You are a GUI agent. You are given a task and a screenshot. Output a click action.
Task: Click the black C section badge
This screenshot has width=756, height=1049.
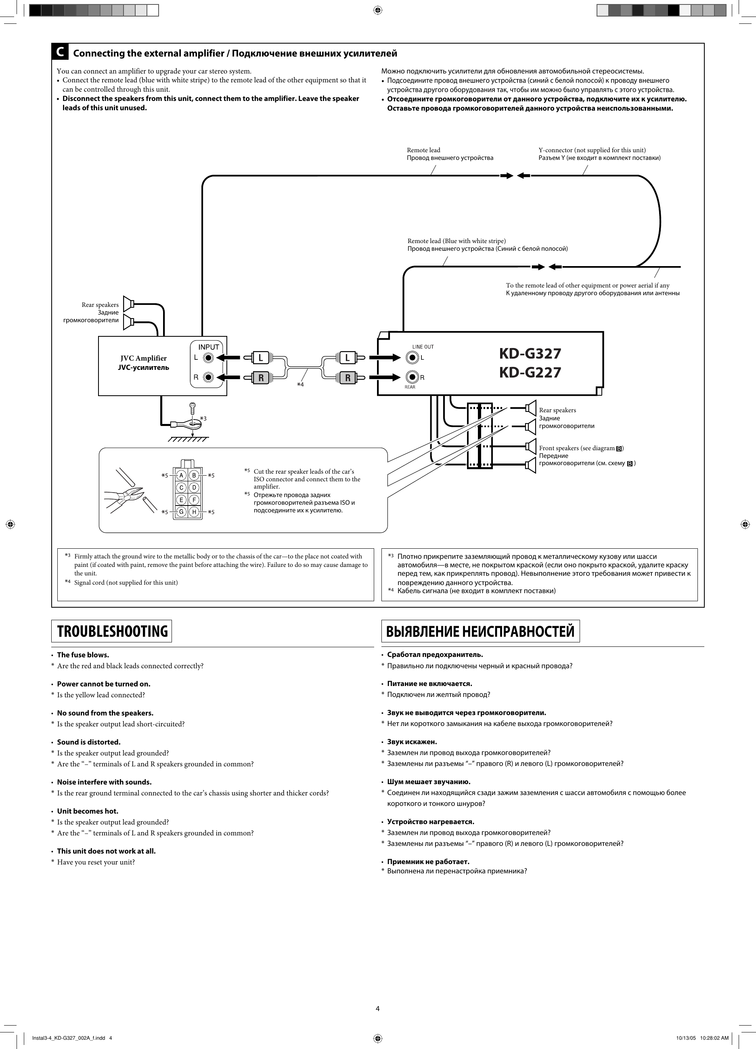(60, 52)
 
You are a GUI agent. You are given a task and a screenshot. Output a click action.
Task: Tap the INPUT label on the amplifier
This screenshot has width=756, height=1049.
(209, 347)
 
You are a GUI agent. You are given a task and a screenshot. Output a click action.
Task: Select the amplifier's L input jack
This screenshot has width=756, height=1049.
(209, 357)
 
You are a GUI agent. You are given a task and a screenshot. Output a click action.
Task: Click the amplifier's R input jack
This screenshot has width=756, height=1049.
(209, 378)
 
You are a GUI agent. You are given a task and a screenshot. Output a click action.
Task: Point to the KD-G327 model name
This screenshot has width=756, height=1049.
(530, 353)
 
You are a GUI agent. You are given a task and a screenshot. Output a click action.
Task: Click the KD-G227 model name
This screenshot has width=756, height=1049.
(530, 372)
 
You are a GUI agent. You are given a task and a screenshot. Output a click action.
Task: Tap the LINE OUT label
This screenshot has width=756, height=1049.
(423, 347)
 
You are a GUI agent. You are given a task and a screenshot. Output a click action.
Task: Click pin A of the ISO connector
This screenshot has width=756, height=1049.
(182, 475)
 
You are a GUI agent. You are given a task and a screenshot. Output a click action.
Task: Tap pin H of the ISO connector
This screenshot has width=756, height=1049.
(194, 512)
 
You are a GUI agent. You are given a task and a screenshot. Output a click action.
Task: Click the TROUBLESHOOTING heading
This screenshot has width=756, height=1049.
(111, 631)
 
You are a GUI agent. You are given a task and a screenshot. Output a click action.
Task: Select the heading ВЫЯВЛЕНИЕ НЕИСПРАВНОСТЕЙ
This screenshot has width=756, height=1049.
(480, 631)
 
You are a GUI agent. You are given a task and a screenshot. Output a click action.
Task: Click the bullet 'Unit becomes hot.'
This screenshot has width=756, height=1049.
(88, 811)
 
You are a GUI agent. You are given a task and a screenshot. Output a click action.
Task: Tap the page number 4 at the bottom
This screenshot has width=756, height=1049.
(377, 1008)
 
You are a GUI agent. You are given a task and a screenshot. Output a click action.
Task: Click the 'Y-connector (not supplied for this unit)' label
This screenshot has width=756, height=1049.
(592, 150)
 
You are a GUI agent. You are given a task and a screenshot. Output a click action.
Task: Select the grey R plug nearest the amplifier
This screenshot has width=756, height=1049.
(260, 378)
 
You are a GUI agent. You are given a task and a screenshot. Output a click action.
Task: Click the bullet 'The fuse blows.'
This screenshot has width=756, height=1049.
(83, 655)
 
